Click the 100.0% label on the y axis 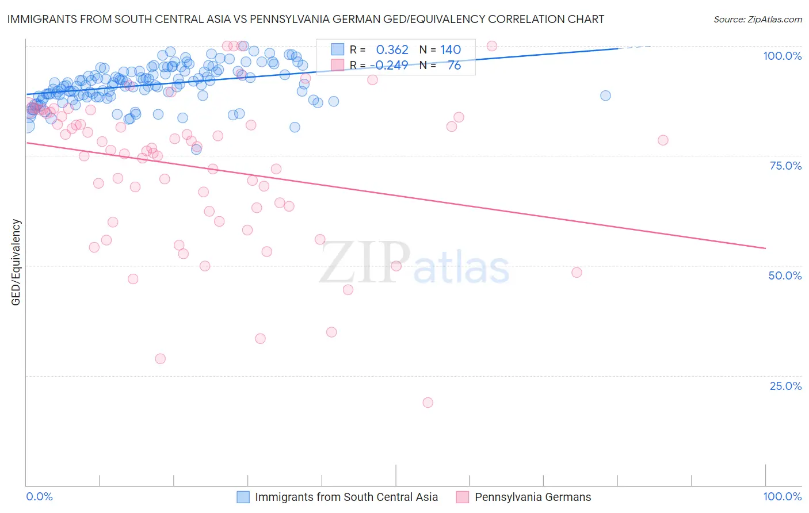(x=782, y=56)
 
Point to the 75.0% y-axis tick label (x=785, y=166)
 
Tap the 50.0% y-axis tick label (x=785, y=275)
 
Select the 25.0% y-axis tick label (x=785, y=385)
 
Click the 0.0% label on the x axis (x=39, y=496)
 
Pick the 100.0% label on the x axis (x=782, y=496)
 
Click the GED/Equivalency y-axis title (x=16, y=262)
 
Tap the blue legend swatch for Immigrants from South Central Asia (x=243, y=497)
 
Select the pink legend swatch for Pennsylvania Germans (x=463, y=497)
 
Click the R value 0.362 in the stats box (x=392, y=50)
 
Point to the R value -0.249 (x=391, y=65)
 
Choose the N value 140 (x=451, y=50)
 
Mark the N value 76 (x=454, y=65)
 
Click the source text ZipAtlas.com (x=757, y=19)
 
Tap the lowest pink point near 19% (x=428, y=403)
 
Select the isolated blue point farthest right (x=605, y=95)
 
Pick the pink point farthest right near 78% (x=663, y=140)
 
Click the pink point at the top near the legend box (x=491, y=46)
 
